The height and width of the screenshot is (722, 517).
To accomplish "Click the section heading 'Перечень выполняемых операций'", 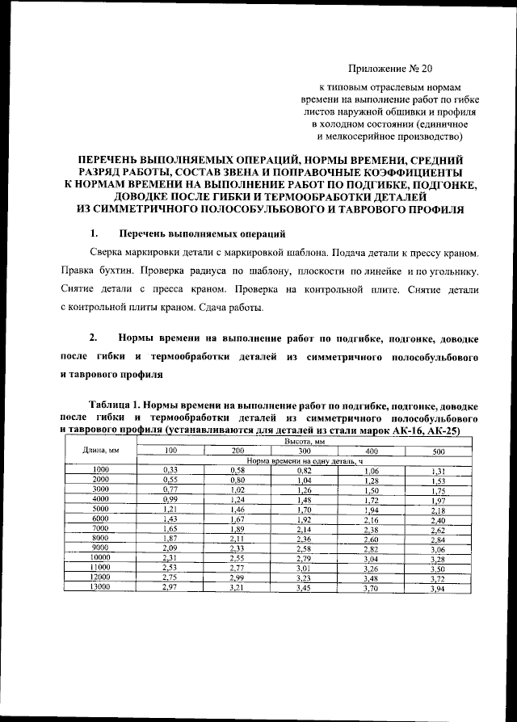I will point(201,234).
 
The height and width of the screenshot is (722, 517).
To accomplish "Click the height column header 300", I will point(304,451).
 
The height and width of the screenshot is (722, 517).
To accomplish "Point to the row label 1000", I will point(100,469).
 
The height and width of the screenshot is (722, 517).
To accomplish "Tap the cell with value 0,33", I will point(170,469).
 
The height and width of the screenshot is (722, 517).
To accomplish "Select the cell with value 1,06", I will point(372,470).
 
